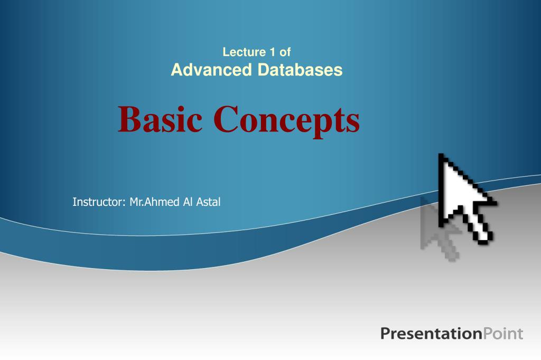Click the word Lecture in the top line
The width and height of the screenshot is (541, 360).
tap(241, 52)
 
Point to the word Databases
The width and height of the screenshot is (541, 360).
tap(300, 70)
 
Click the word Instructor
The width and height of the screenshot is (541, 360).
tap(98, 202)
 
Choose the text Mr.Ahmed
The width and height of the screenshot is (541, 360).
tap(155, 202)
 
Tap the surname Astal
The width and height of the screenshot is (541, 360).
tap(208, 202)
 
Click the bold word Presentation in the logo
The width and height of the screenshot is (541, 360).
tap(431, 334)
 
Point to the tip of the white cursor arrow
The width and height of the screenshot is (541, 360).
tap(441, 155)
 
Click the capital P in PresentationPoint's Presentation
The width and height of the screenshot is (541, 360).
tap(385, 334)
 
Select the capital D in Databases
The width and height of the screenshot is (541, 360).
tap(263, 70)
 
